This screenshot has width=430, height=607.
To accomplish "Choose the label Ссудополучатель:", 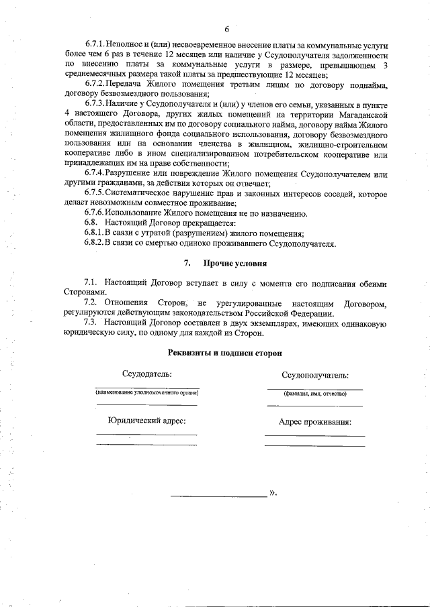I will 315,376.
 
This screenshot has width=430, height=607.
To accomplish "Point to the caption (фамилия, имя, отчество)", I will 315,394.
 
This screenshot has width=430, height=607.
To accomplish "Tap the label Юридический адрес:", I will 146,421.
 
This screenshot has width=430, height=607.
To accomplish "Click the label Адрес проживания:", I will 315,423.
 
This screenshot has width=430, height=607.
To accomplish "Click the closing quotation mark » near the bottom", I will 272,493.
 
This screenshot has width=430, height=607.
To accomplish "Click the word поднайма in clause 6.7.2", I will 369,85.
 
